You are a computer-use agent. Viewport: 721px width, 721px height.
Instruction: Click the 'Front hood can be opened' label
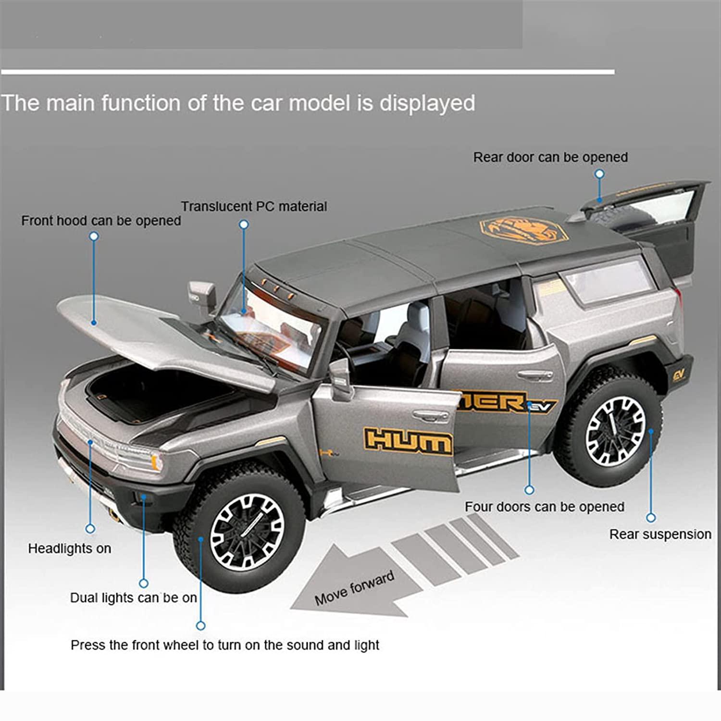click(x=101, y=221)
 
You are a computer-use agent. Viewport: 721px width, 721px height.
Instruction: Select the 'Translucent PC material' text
click(x=254, y=206)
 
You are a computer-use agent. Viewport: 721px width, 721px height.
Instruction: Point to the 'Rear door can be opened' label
click(x=550, y=157)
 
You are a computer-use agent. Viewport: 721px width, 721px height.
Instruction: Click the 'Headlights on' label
click(x=69, y=548)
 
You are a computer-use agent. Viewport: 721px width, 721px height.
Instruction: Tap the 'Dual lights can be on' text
click(x=133, y=597)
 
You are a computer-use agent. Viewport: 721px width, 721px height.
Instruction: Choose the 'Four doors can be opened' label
click(x=544, y=507)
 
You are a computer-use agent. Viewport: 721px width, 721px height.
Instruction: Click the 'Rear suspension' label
click(x=660, y=534)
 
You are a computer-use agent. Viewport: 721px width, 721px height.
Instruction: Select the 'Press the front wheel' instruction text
click(x=224, y=645)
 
